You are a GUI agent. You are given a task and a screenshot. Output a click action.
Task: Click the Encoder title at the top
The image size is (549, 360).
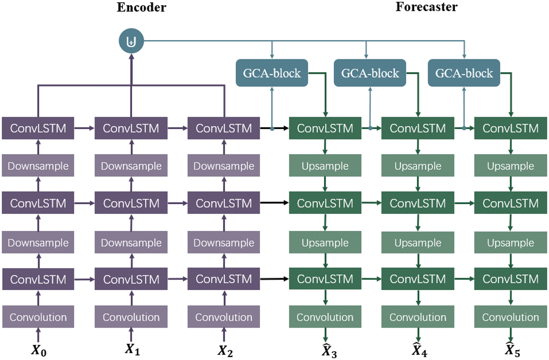141,7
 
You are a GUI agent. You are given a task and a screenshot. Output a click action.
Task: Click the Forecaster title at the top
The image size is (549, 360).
426,7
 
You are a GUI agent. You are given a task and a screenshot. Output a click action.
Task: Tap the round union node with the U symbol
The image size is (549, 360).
131,41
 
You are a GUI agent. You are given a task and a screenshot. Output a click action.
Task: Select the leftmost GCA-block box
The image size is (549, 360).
272,73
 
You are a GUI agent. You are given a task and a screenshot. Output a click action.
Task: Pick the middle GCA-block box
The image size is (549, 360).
370,73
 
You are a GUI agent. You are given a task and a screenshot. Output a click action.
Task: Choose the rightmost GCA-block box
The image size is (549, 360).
464,73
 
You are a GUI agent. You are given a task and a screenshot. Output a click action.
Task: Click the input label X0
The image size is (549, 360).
38,350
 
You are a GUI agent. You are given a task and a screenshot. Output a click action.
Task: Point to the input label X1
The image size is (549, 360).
132,349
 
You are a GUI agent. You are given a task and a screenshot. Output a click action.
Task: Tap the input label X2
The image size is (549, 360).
225,351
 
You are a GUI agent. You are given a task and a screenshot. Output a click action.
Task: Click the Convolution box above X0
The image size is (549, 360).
38,317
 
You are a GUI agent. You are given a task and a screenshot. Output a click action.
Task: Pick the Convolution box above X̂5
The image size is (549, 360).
510,317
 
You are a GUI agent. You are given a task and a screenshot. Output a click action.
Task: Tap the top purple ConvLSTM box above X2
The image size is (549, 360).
224,128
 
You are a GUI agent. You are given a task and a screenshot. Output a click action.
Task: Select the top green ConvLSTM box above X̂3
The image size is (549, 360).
325,128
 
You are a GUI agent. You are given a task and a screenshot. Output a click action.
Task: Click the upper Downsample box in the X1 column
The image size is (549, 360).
131,166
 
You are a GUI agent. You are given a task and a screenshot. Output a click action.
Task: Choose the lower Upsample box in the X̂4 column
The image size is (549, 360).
418,243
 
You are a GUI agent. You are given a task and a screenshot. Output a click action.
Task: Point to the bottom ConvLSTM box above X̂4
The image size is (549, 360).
418,279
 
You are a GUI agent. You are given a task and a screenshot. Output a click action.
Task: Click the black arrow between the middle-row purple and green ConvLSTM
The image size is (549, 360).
274,203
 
